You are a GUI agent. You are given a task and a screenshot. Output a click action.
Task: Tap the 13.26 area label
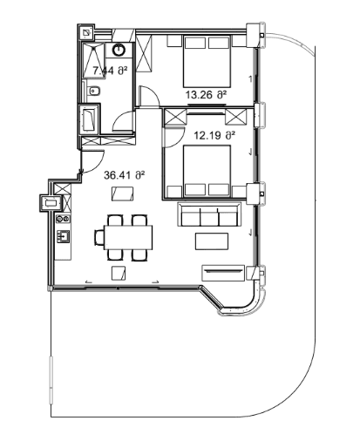[x=206, y=93]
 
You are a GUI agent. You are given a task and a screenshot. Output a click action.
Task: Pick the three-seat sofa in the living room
[x=209, y=215]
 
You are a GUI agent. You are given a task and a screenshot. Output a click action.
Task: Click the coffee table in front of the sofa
[x=209, y=240]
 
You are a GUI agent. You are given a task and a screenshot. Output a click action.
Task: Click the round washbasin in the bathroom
[x=118, y=50]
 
